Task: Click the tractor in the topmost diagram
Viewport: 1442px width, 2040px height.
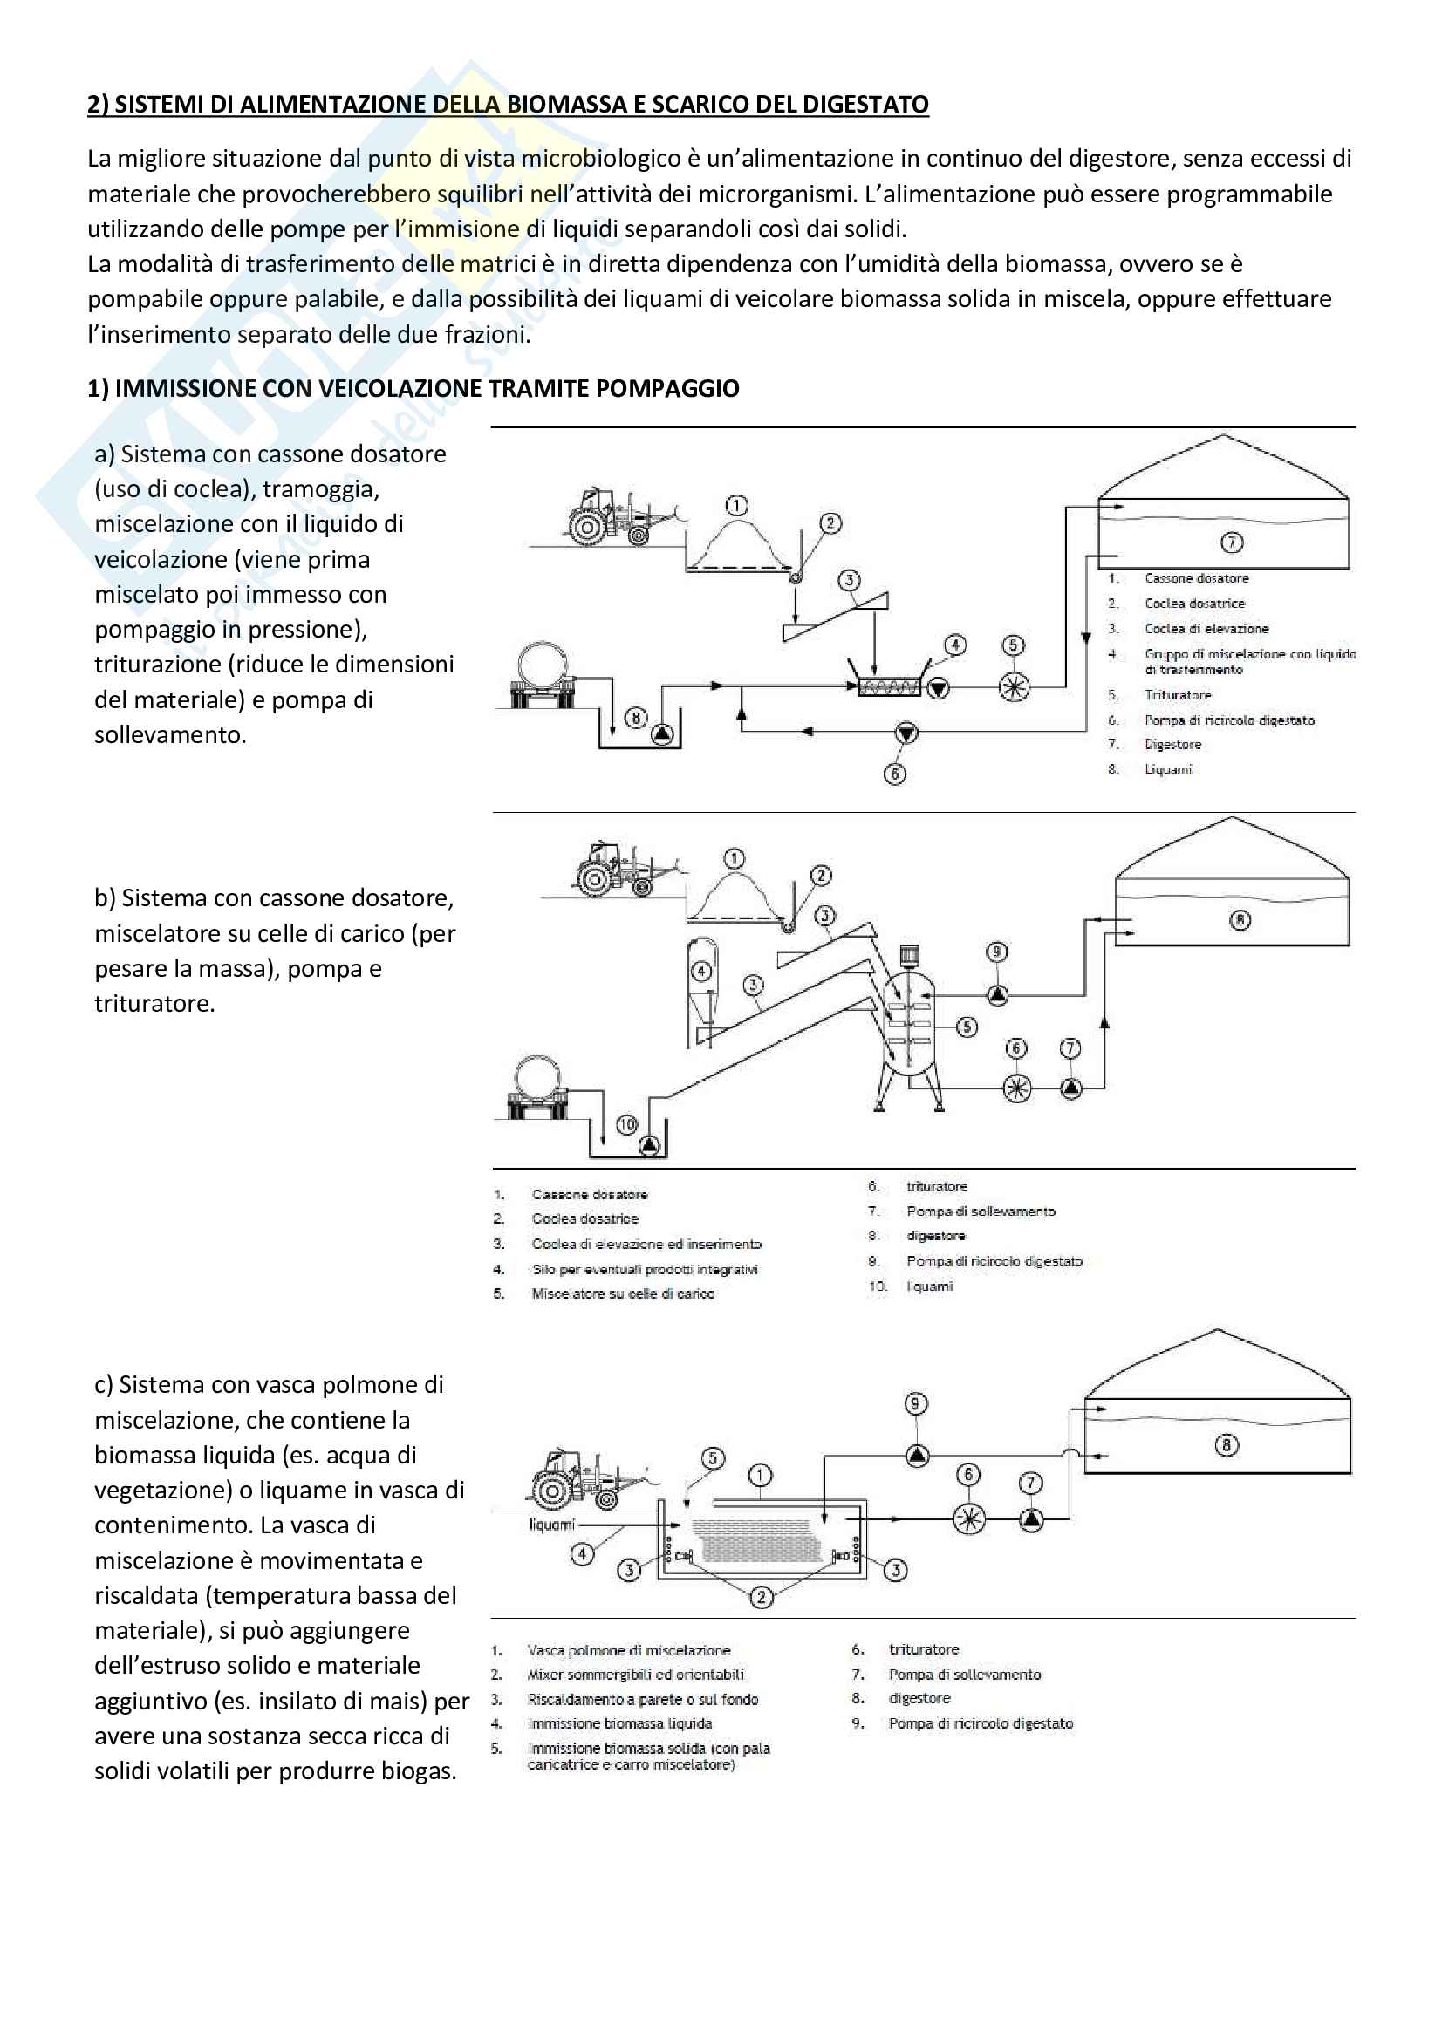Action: pos(622,517)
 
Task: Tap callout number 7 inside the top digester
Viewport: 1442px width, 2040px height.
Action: pos(1232,542)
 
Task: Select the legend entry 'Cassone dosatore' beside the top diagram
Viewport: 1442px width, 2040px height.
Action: pos(1196,578)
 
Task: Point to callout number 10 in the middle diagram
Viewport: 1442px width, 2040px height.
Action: pos(627,1124)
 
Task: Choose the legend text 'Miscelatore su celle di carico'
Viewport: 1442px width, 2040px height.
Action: pos(623,1293)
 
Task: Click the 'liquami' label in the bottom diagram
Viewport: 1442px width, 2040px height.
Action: pos(551,1525)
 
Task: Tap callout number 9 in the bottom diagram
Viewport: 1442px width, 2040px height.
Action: pos(916,1404)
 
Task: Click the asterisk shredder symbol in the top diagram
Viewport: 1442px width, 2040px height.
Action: pos(1014,686)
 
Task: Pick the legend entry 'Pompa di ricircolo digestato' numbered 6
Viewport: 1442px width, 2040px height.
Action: pos(1229,720)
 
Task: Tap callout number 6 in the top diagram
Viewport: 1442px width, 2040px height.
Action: pos(895,774)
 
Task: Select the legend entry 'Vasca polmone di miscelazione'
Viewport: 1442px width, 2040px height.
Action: pos(629,1650)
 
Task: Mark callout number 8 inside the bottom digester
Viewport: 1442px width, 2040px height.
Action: pos(1227,1445)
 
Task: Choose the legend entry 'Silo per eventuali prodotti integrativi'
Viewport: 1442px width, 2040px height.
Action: pos(645,1269)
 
